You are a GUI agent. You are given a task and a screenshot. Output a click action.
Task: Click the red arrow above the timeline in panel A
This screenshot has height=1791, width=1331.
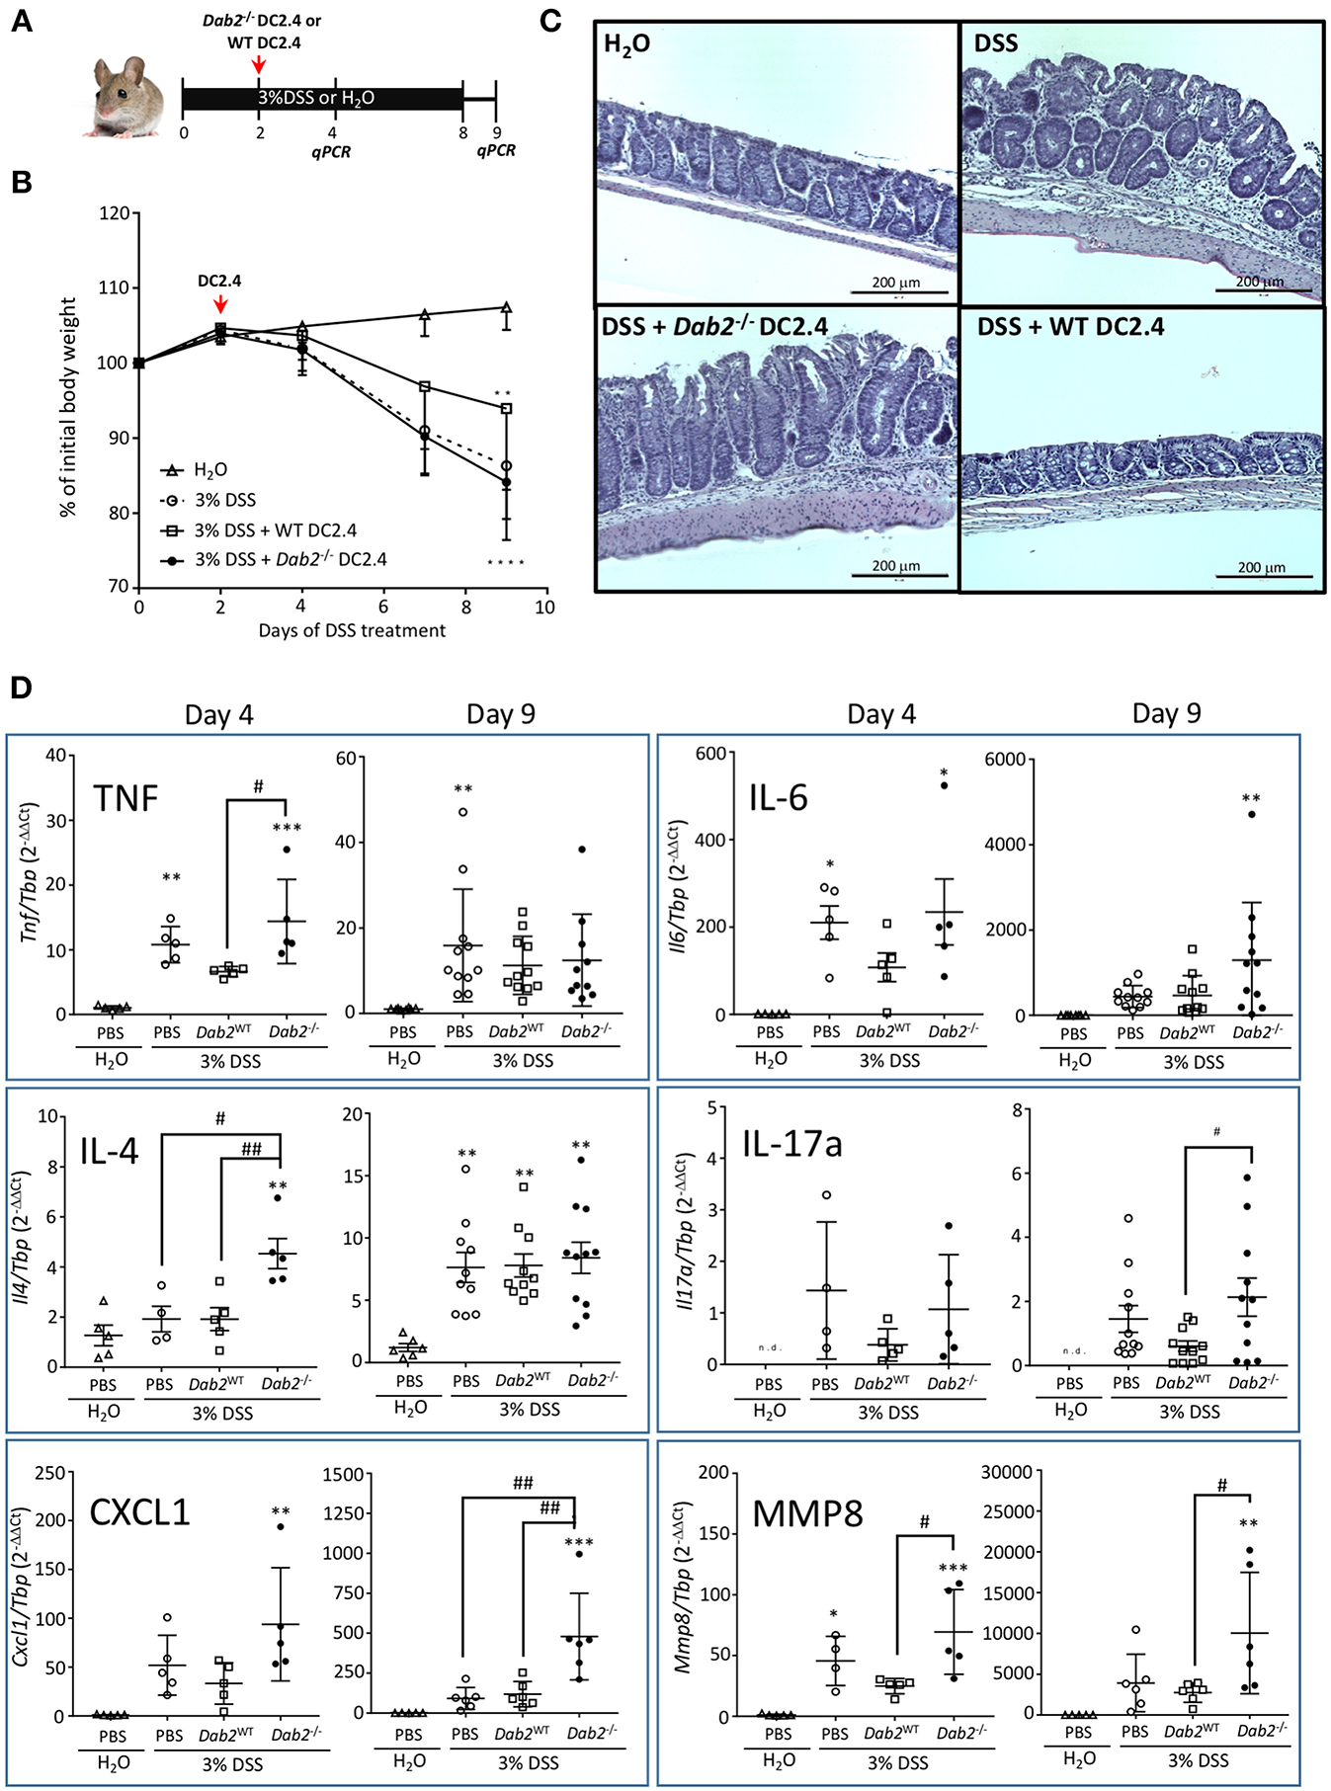(x=258, y=64)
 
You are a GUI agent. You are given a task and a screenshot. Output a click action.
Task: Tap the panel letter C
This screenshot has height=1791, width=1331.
(x=551, y=20)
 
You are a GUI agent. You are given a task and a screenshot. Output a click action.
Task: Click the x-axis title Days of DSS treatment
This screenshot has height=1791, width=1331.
(x=352, y=630)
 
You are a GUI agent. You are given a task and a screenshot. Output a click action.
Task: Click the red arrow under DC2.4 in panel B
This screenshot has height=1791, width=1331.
(x=220, y=303)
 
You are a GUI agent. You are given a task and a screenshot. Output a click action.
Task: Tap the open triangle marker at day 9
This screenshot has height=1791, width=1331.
(x=506, y=308)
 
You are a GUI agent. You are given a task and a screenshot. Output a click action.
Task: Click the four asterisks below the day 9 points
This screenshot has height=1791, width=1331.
(x=505, y=563)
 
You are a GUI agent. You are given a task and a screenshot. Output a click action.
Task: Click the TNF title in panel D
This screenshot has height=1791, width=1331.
(x=125, y=797)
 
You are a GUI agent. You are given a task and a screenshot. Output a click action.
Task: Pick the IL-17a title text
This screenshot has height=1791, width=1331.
(x=791, y=1144)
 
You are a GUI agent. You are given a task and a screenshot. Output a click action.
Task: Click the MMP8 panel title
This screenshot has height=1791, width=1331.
(x=807, y=1512)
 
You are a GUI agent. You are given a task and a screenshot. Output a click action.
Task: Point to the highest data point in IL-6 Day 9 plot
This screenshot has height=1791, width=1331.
(x=1251, y=814)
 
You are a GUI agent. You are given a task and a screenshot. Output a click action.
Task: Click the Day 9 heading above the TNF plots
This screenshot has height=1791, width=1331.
(x=500, y=714)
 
